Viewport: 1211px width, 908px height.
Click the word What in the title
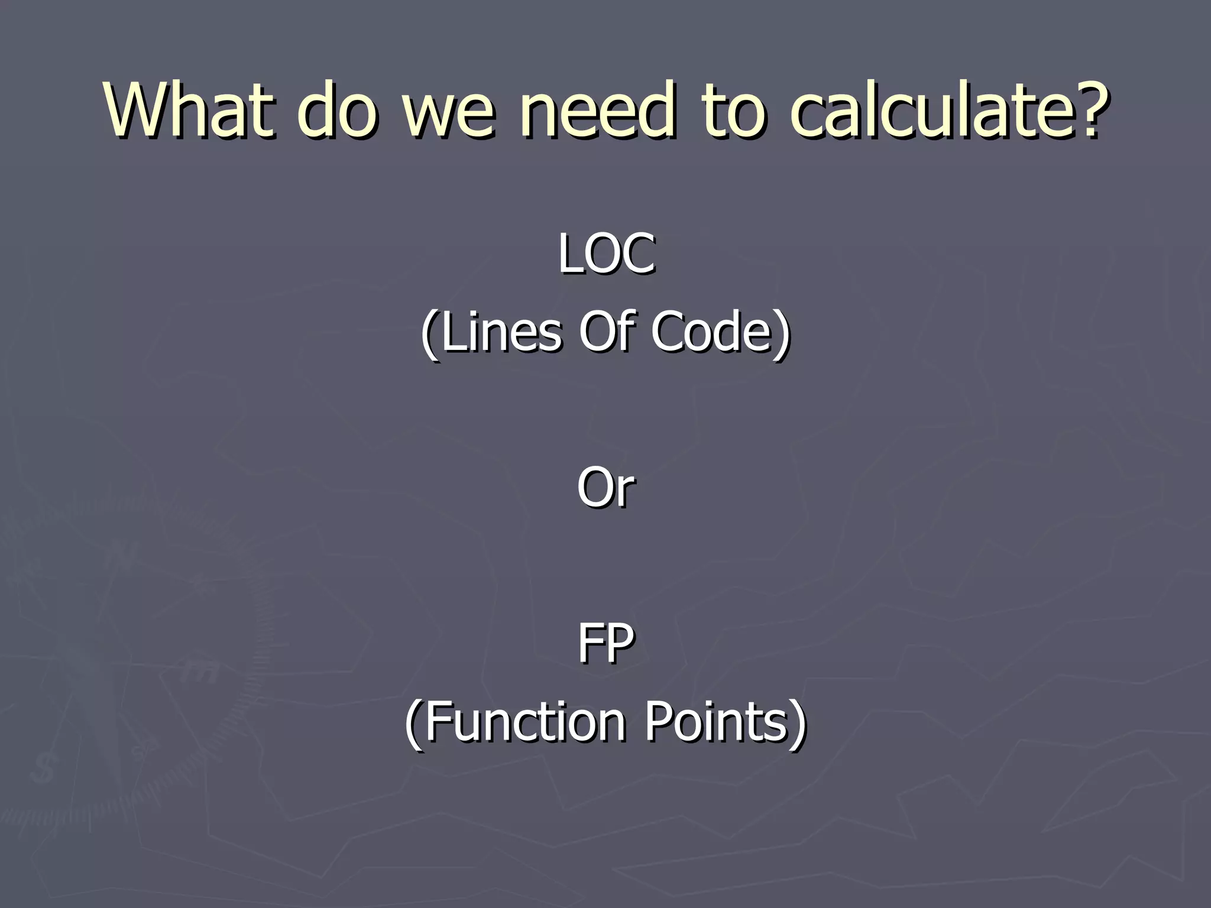click(x=189, y=110)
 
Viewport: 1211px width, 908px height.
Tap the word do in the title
click(x=337, y=110)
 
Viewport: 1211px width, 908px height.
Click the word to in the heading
click(x=733, y=110)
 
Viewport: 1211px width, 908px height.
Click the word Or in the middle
click(x=606, y=488)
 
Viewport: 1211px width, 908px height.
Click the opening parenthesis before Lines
click(x=430, y=334)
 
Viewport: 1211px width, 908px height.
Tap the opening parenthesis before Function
click(x=414, y=725)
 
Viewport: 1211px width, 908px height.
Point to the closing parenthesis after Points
click(x=798, y=725)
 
